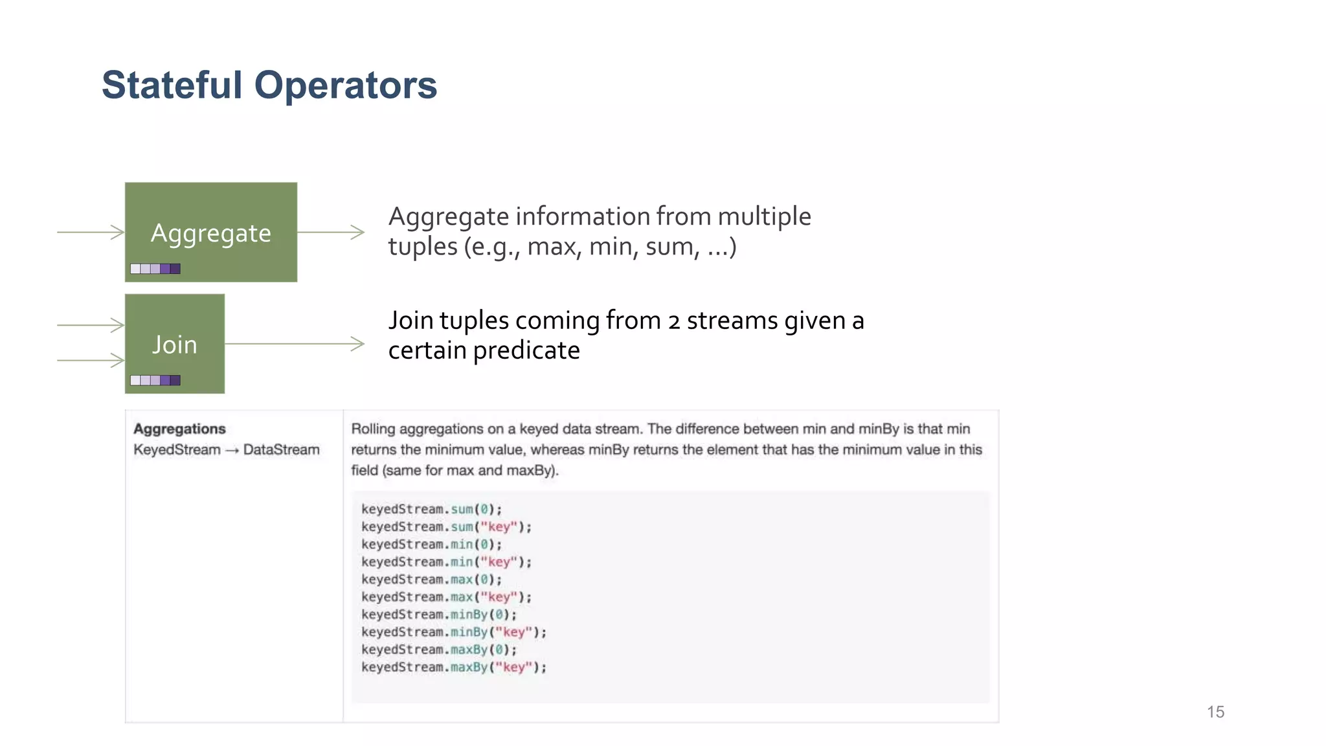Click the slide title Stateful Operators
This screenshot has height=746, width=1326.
coord(269,85)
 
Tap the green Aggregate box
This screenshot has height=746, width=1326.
coord(211,232)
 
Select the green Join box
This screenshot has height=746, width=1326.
coord(175,343)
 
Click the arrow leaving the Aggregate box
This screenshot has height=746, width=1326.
coord(331,232)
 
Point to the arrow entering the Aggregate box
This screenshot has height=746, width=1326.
coord(91,232)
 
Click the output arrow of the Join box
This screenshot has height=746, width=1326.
coord(295,344)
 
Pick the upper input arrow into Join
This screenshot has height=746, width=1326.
coord(91,325)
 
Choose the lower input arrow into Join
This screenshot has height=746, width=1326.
coord(91,360)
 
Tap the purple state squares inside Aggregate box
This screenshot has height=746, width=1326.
coord(155,269)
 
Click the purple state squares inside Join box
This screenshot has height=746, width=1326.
coord(155,380)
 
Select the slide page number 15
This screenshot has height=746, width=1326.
coord(1215,712)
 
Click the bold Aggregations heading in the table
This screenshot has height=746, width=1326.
coord(179,429)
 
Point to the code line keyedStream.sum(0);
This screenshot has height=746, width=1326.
coord(431,509)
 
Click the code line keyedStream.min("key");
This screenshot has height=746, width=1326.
coord(446,561)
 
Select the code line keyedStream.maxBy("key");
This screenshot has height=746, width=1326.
coord(453,667)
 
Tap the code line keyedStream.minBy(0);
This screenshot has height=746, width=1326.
coord(439,615)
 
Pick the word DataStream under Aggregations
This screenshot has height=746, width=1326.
coord(281,449)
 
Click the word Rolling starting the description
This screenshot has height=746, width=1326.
coord(373,429)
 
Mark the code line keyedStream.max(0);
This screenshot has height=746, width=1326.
coord(431,580)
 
